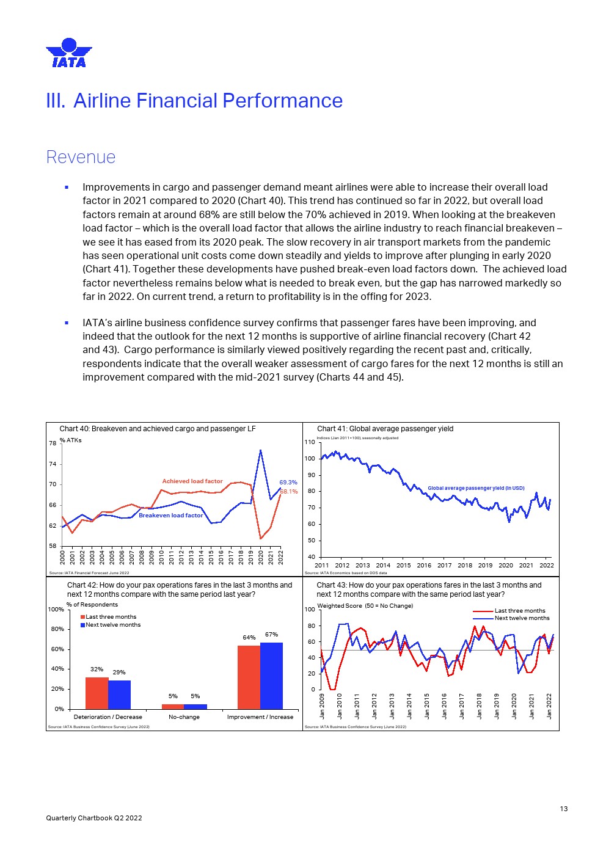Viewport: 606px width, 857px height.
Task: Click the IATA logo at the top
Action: pyautogui.click(x=69, y=53)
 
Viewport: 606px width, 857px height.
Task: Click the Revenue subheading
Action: pyautogui.click(x=81, y=157)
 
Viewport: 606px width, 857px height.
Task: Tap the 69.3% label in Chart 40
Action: pyautogui.click(x=288, y=483)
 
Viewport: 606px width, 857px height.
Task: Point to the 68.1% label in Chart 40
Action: pyautogui.click(x=289, y=491)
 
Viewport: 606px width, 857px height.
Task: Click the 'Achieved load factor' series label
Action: pyautogui.click(x=192, y=481)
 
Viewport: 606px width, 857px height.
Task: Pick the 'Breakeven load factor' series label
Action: pyautogui.click(x=170, y=516)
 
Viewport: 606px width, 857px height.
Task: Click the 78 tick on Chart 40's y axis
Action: pyautogui.click(x=53, y=443)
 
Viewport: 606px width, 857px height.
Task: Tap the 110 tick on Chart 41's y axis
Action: pyautogui.click(x=310, y=442)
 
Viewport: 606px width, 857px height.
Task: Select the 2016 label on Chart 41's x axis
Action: pyautogui.click(x=424, y=565)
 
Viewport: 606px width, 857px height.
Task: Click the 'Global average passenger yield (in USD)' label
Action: pyautogui.click(x=476, y=488)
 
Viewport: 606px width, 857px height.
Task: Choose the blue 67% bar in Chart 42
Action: pyautogui.click(x=271, y=675)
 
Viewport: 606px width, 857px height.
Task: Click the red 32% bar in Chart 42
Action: pyautogui.click(x=97, y=693)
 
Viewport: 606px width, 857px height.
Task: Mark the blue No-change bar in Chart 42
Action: pyautogui.click(x=195, y=706)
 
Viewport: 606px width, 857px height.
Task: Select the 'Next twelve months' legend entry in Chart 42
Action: pyautogui.click(x=113, y=625)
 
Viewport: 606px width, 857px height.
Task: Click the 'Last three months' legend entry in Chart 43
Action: pyautogui.click(x=519, y=611)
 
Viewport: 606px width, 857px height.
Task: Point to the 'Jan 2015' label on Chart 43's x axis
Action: pyautogui.click(x=427, y=706)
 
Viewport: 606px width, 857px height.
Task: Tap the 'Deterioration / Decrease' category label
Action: pyautogui.click(x=108, y=717)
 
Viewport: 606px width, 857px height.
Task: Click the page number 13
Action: pyautogui.click(x=563, y=809)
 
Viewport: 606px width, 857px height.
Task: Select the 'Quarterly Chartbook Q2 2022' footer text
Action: pyautogui.click(x=94, y=818)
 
